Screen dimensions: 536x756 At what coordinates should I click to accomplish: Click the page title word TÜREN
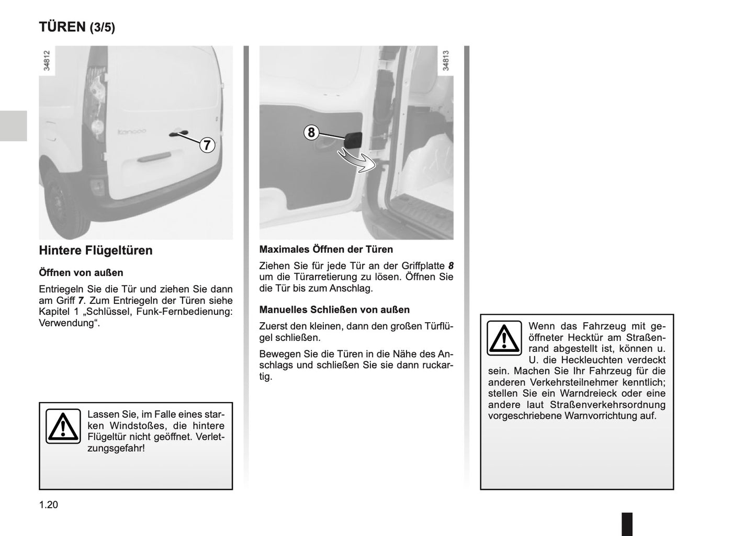point(62,27)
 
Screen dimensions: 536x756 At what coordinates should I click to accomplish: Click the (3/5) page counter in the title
point(102,28)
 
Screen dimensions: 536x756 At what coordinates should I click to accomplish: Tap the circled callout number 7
point(207,145)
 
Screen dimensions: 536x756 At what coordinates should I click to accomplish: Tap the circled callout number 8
point(311,132)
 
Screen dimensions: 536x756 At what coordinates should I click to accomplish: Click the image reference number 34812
point(47,61)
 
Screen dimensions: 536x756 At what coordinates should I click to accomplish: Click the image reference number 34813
point(446,61)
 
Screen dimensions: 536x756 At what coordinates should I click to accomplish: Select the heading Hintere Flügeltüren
point(96,250)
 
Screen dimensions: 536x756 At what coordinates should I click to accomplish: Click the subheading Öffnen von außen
point(81,272)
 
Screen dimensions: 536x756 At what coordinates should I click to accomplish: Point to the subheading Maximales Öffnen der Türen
point(326,249)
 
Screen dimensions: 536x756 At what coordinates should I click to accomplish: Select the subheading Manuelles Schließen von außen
point(334,310)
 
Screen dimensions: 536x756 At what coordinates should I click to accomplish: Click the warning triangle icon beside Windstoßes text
point(63,426)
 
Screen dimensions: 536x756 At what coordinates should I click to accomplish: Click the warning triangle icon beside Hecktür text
point(504,338)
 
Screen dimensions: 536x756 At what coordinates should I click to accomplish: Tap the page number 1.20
point(48,505)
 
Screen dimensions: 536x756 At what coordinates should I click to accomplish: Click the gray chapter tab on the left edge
point(13,126)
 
